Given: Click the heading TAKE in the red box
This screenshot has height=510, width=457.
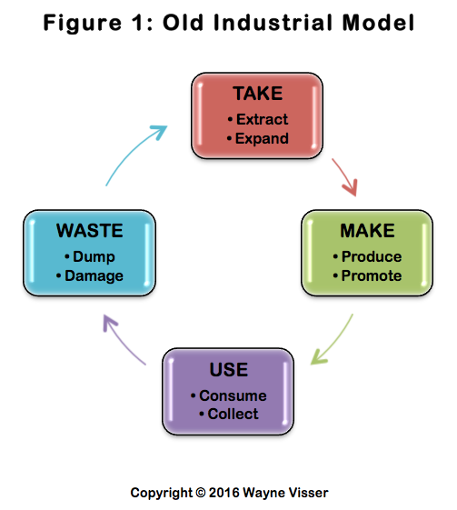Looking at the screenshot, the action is point(258,94).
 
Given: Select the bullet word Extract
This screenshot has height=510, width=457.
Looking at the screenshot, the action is point(262,119).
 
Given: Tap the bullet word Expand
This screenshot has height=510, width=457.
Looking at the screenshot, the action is point(262,138).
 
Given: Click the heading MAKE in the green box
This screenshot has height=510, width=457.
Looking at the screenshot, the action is point(367,231).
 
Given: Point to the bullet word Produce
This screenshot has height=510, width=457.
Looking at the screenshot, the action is point(372,256).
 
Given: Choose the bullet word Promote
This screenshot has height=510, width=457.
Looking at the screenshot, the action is point(372,275).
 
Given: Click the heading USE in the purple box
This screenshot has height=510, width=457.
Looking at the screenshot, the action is point(229,369).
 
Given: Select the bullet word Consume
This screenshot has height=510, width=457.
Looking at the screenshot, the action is point(233,395).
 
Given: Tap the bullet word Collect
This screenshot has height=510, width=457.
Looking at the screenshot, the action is point(233,414).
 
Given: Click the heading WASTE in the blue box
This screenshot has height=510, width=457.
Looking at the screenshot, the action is point(90,231).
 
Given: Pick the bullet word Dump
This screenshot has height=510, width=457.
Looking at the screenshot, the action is point(94,257).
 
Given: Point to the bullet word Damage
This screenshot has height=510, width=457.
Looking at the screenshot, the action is point(94,276).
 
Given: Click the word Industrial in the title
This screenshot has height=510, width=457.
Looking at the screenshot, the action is point(273,23).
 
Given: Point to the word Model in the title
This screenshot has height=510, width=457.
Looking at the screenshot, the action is point(378,23).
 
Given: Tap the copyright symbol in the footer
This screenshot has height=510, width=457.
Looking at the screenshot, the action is point(201,493).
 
